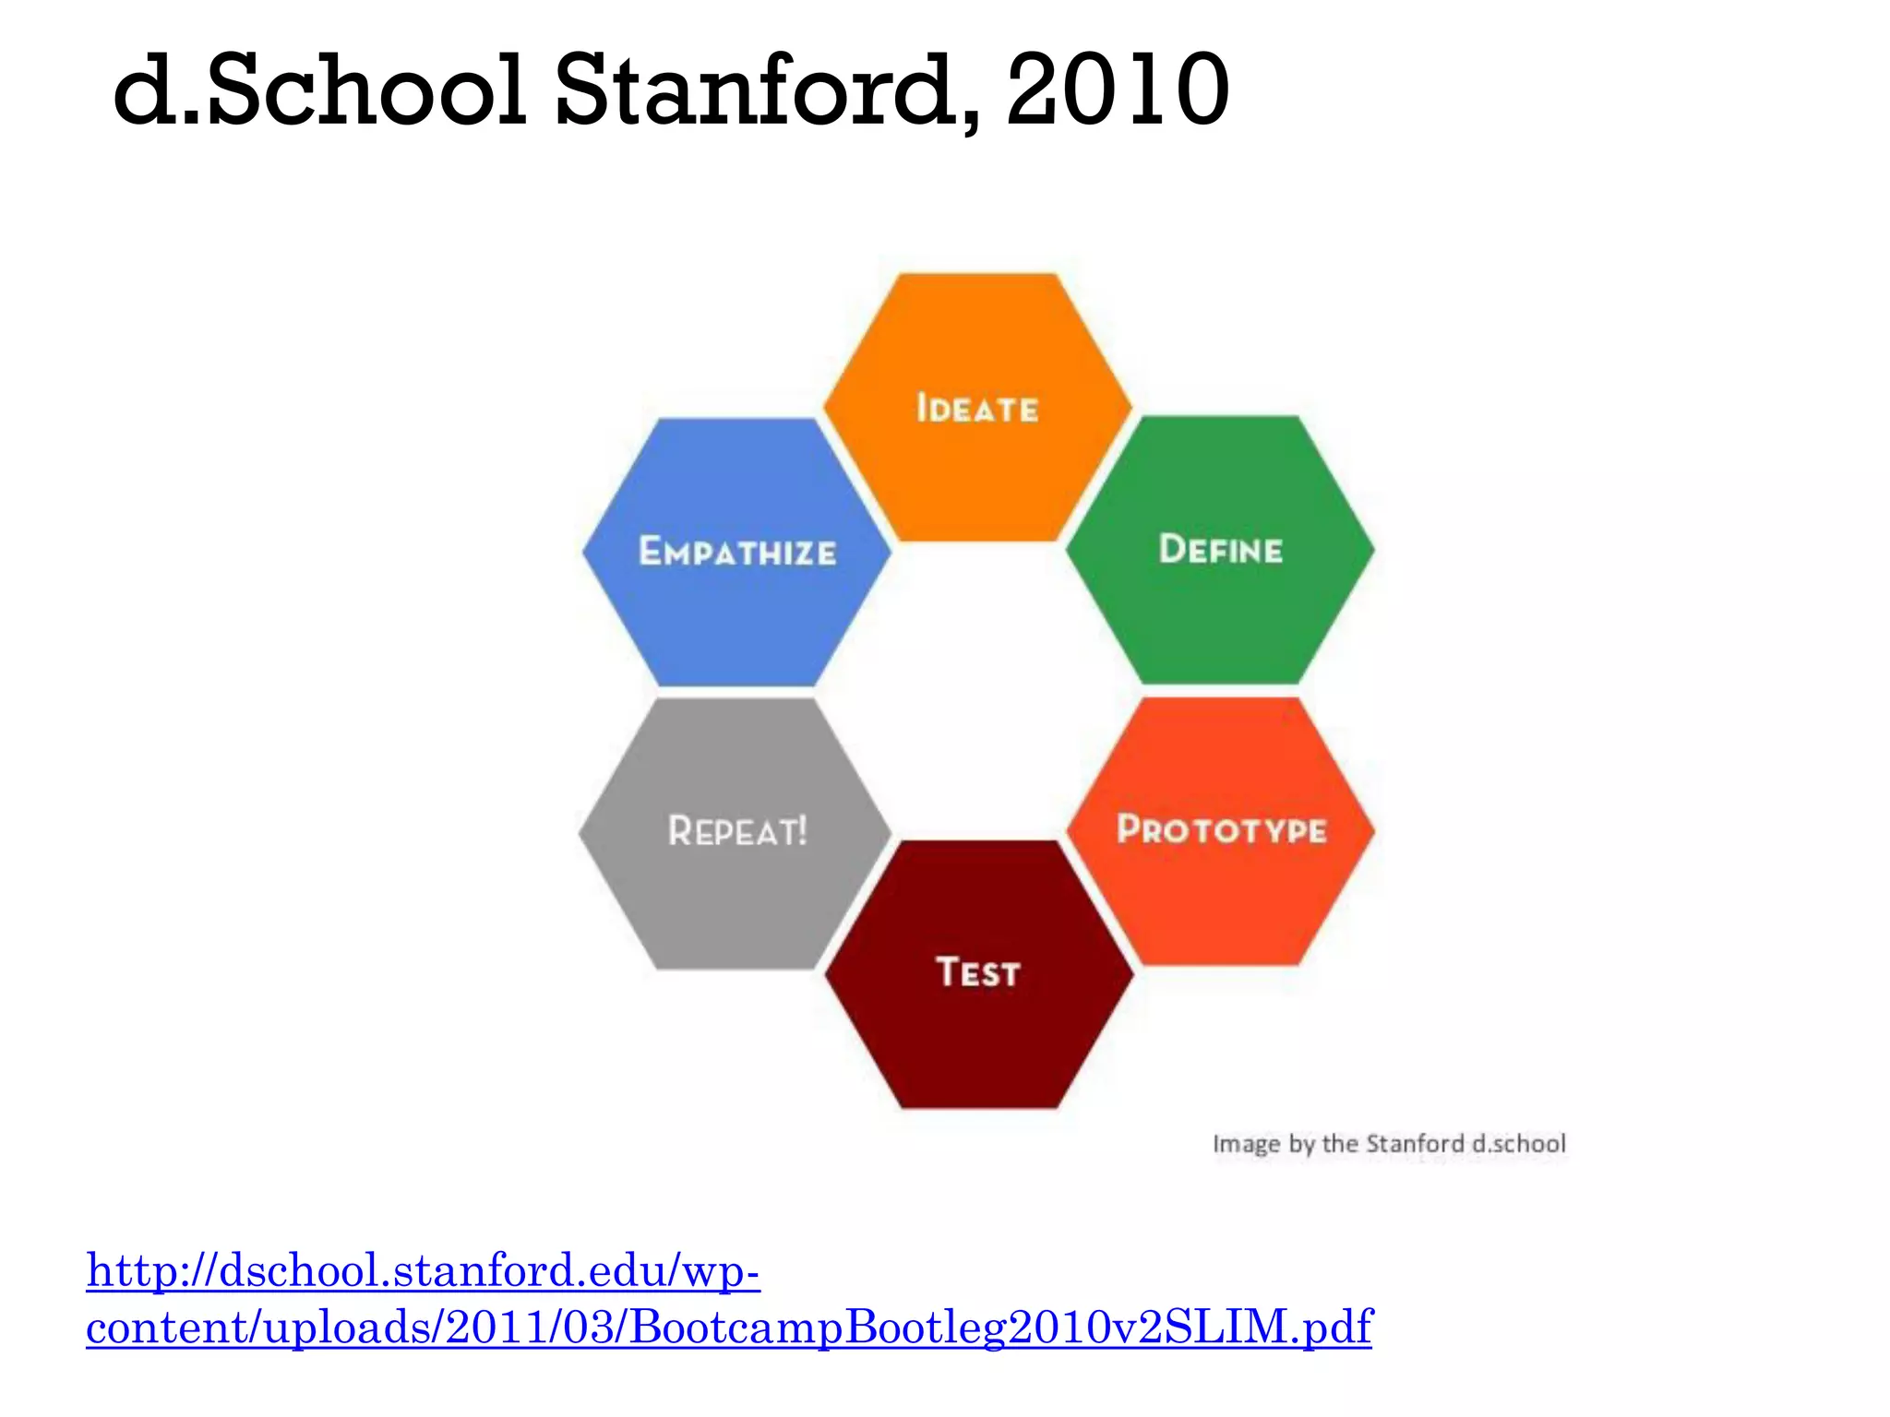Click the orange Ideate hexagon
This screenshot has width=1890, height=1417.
(x=977, y=461)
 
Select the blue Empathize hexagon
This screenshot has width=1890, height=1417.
(x=736, y=609)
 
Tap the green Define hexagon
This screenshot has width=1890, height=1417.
(x=1220, y=609)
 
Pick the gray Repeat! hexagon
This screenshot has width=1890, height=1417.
(x=736, y=886)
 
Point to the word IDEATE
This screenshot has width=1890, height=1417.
(x=977, y=409)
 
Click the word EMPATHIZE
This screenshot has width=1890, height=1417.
(x=737, y=552)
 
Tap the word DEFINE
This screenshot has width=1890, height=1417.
(x=1220, y=550)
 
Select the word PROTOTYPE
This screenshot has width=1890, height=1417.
(x=1221, y=829)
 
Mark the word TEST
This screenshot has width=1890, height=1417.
(x=978, y=972)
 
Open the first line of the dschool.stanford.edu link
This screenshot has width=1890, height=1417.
(x=423, y=1271)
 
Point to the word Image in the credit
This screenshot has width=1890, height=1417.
(x=1246, y=1144)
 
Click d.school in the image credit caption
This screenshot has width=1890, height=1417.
(x=1519, y=1144)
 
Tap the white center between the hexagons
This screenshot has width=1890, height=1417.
(x=978, y=692)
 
